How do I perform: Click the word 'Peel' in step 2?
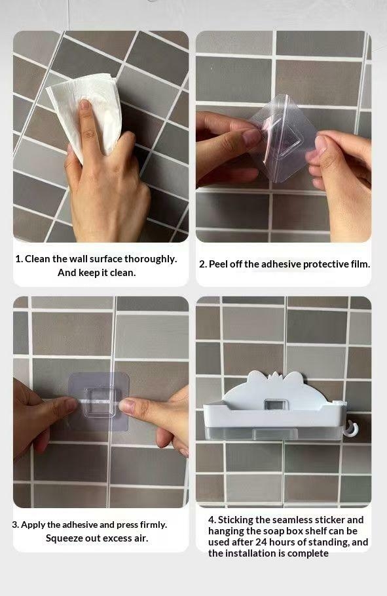coord(218,264)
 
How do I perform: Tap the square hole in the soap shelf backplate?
coord(276,405)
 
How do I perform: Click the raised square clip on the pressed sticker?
coord(100,402)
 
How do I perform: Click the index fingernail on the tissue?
coord(84,104)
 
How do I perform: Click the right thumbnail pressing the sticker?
coord(127,407)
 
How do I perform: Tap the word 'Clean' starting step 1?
coord(37,259)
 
